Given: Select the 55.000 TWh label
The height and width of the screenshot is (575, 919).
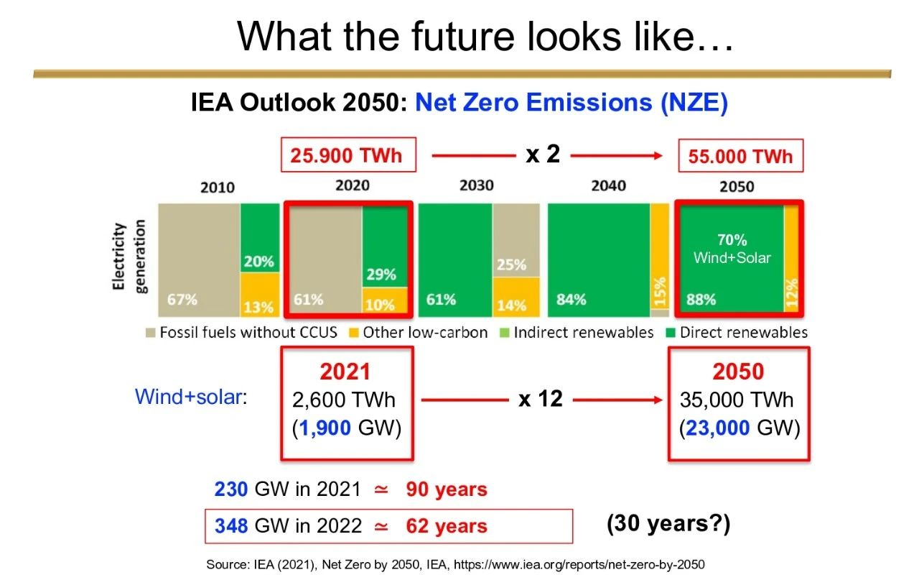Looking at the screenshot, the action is pyautogui.click(x=740, y=157).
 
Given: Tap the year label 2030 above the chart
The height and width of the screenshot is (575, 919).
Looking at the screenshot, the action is pyautogui.click(x=476, y=185).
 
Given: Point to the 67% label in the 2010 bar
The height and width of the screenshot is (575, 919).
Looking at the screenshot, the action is pyautogui.click(x=182, y=300).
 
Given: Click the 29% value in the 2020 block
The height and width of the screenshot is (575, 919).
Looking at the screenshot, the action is pyautogui.click(x=381, y=275).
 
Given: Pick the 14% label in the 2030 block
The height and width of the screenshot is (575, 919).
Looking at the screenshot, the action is pyautogui.click(x=511, y=305).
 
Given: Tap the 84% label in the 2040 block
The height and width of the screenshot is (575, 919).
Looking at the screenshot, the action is pyautogui.click(x=571, y=300).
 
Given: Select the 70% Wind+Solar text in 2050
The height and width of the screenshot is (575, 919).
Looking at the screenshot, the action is pyautogui.click(x=732, y=249).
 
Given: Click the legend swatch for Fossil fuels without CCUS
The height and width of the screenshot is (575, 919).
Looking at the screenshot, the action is pyautogui.click(x=151, y=332).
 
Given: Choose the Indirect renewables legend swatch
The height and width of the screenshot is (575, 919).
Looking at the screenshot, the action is pyautogui.click(x=504, y=332).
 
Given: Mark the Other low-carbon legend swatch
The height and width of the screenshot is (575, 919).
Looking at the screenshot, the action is pyautogui.click(x=353, y=332).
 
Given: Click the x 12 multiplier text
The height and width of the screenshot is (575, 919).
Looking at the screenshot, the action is pyautogui.click(x=541, y=399).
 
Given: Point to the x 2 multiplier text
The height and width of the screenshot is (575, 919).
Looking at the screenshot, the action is pyautogui.click(x=543, y=155).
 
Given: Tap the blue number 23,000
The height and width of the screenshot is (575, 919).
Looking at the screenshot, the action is pyautogui.click(x=717, y=428).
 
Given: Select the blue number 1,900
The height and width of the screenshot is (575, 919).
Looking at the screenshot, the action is pyautogui.click(x=325, y=428).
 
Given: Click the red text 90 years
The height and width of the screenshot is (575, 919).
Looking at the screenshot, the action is pyautogui.click(x=447, y=489).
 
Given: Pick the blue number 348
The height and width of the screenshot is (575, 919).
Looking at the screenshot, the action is pyautogui.click(x=231, y=525).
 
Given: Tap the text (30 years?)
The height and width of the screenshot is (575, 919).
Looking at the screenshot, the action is pyautogui.click(x=668, y=524).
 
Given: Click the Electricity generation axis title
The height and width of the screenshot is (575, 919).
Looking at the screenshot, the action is pyautogui.click(x=129, y=257).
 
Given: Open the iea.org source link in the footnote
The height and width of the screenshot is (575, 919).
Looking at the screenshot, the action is pyautogui.click(x=579, y=565).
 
